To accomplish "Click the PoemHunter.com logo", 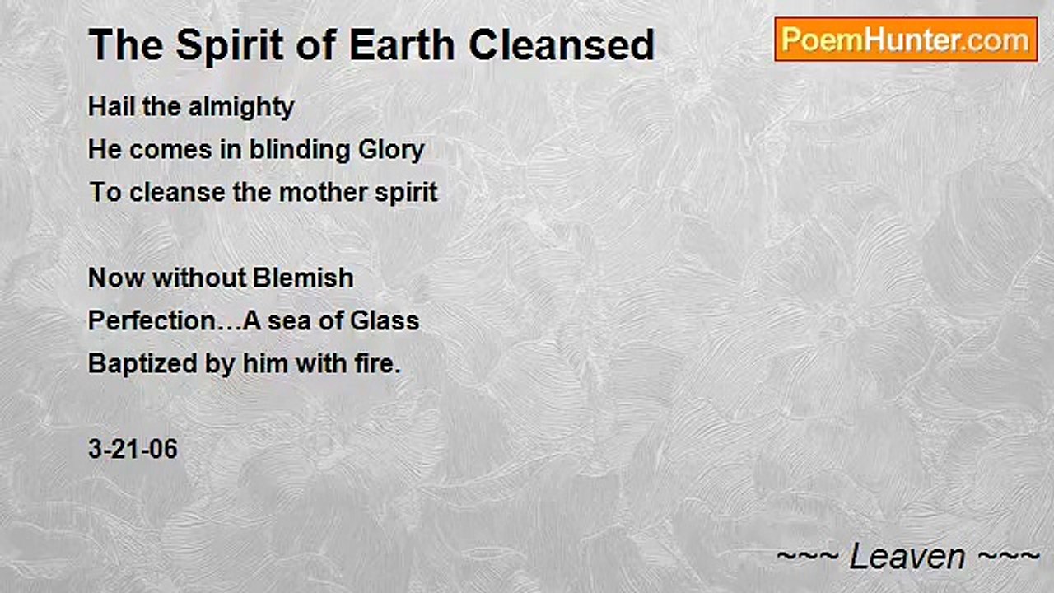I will click(906, 40).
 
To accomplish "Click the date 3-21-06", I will click(133, 450).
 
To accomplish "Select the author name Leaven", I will click(907, 558).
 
